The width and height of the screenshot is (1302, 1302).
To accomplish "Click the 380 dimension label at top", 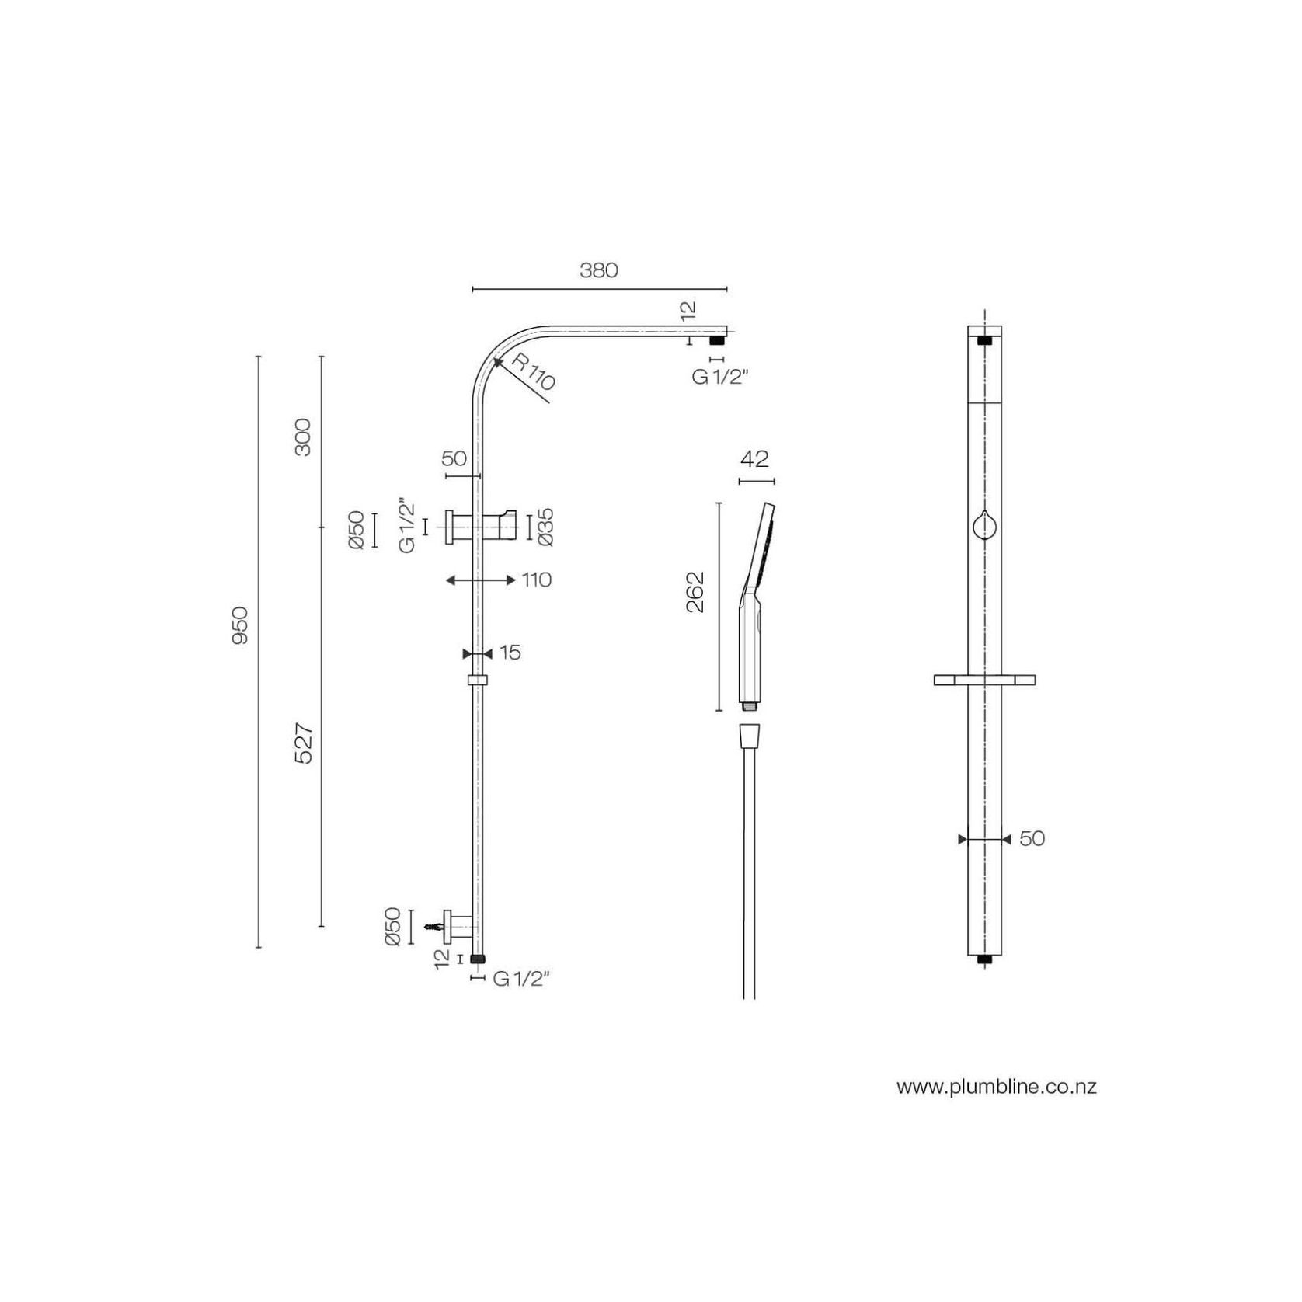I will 598,270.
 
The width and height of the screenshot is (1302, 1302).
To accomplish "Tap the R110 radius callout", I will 534,372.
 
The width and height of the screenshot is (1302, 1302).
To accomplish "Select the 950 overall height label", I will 239,625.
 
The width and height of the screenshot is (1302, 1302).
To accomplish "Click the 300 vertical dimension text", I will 303,437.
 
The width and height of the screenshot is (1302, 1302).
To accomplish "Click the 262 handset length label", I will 695,592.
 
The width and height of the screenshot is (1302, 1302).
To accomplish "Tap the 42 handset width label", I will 754,459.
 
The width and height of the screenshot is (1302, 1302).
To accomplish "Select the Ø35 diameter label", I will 545,527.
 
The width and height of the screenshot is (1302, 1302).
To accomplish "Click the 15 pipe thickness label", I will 510,653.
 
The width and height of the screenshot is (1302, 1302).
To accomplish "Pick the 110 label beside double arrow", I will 536,580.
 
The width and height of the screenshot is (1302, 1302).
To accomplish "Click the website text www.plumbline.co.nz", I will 997,1087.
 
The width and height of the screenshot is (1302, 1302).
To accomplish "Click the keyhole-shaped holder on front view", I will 983,525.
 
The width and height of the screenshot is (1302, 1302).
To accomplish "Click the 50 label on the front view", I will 1032,839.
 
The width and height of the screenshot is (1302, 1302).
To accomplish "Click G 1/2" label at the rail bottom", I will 521,980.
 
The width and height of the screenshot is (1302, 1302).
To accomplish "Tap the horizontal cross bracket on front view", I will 984,681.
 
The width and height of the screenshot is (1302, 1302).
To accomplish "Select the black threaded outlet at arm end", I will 716,340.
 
